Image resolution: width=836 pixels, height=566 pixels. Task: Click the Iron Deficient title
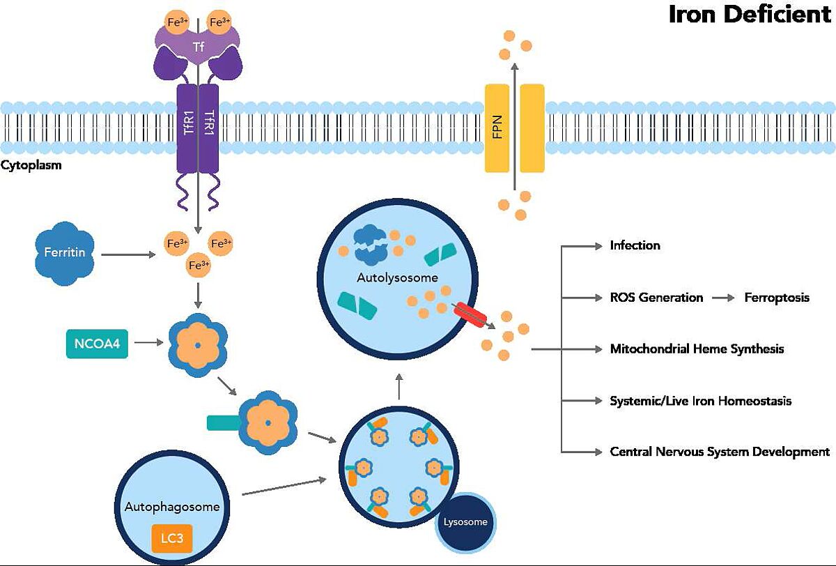click(x=750, y=14)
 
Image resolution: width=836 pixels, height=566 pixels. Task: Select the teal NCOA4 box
click(x=97, y=344)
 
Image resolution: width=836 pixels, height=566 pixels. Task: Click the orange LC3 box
click(x=171, y=537)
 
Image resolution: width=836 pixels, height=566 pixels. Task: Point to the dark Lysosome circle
click(x=467, y=521)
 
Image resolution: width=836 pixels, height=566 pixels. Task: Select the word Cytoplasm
click(x=31, y=167)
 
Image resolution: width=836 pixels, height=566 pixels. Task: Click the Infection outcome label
click(x=635, y=245)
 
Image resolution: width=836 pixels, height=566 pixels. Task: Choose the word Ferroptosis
click(x=777, y=298)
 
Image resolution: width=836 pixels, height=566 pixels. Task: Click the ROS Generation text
click(x=656, y=298)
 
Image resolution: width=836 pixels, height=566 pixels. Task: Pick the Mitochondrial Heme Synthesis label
click(x=697, y=349)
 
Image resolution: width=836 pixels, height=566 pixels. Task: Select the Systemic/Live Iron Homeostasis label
click(x=700, y=401)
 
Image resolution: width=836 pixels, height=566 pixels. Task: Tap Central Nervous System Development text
click(x=720, y=452)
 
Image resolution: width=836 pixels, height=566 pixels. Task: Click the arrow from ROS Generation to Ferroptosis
click(x=724, y=298)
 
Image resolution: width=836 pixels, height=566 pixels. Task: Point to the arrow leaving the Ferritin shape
click(x=128, y=255)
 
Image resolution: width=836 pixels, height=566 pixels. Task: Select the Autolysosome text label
click(x=397, y=277)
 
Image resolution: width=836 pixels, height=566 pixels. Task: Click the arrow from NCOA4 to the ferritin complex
click(x=148, y=344)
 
